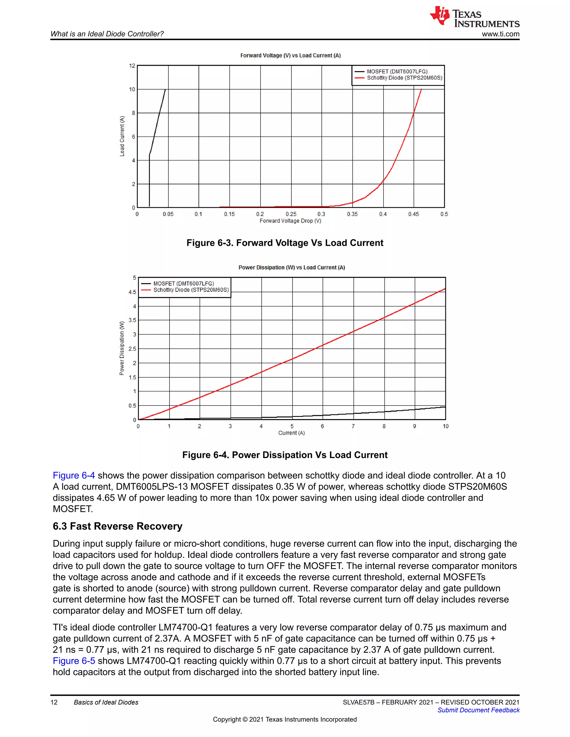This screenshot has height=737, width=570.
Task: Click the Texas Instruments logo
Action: pos(474,17)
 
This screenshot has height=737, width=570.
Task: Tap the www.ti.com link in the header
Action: pos(500,34)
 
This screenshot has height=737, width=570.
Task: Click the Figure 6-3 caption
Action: pos(285,243)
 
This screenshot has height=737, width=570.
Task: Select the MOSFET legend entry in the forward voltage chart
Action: pos(397,71)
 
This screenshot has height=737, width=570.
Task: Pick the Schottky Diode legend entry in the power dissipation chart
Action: pos(191,290)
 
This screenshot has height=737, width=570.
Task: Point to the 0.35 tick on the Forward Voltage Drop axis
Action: pos(352,214)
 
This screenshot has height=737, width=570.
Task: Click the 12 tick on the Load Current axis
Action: pos(132,66)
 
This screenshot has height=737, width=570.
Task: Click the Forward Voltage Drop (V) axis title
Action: pos(290,221)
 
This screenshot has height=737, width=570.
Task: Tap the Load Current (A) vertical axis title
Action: pos(122,136)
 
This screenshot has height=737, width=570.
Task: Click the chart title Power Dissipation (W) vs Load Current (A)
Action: pos(291,268)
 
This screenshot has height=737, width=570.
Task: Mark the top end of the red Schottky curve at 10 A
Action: pos(421,90)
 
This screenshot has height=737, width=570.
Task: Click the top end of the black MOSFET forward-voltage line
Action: pos(165,90)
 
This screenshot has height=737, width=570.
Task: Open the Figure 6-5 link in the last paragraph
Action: pos(73,661)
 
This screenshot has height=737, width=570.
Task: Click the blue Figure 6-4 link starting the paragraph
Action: pos(73,476)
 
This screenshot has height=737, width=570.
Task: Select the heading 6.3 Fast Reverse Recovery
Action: pos(117,526)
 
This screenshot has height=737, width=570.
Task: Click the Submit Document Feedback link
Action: pos(478,710)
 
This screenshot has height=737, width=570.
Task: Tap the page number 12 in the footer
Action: pos(54,702)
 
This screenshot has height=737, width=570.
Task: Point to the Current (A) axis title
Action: pos(291,433)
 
